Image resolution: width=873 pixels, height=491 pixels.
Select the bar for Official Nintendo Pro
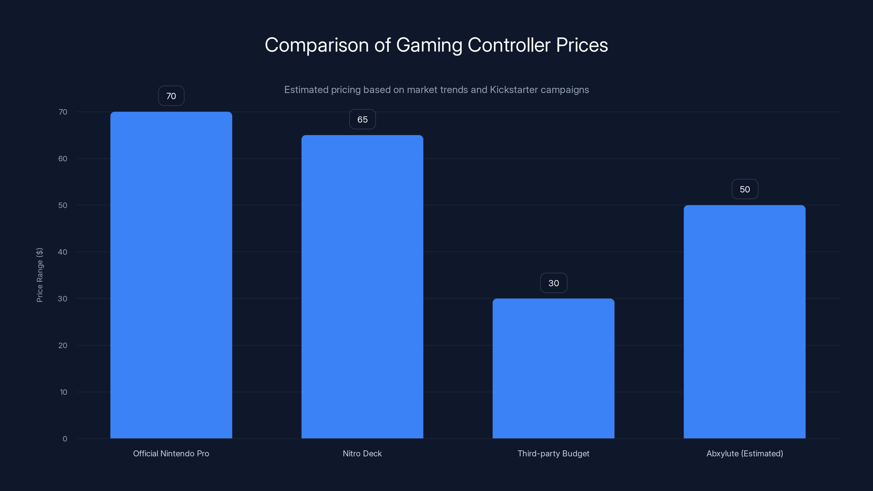pyautogui.click(x=171, y=275)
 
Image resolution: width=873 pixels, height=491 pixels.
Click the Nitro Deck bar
pyautogui.click(x=362, y=287)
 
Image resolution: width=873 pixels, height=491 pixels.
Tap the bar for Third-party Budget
pyautogui.click(x=554, y=368)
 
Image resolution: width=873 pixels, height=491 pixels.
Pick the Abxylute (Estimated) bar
pyautogui.click(x=745, y=322)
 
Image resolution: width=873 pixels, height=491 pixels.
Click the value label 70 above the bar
pyautogui.click(x=171, y=96)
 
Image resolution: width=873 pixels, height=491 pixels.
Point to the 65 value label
pyautogui.click(x=362, y=119)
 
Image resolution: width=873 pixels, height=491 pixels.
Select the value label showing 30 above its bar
pyautogui.click(x=554, y=283)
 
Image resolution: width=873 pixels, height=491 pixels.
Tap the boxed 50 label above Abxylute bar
pyautogui.click(x=745, y=189)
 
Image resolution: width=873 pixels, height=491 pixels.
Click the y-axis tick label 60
pyautogui.click(x=63, y=158)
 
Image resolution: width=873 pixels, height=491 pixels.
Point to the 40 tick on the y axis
pyautogui.click(x=63, y=252)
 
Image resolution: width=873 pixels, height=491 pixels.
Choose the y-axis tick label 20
pyautogui.click(x=63, y=345)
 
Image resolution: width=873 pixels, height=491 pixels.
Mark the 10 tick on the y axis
pyautogui.click(x=63, y=392)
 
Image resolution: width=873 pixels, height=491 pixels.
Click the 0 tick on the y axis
pyautogui.click(x=65, y=439)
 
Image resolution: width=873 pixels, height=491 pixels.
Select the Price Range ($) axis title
pyautogui.click(x=40, y=275)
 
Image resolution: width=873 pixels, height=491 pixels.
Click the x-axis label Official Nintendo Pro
pyautogui.click(x=171, y=453)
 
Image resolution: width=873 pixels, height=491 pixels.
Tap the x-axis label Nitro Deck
pyautogui.click(x=362, y=453)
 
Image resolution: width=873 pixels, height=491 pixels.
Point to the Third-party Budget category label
pyautogui.click(x=554, y=453)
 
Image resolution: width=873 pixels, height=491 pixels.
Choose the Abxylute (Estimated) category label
pyautogui.click(x=745, y=453)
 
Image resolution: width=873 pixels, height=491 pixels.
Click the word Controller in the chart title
pyautogui.click(x=509, y=45)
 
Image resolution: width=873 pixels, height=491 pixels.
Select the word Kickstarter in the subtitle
pyautogui.click(x=514, y=90)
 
